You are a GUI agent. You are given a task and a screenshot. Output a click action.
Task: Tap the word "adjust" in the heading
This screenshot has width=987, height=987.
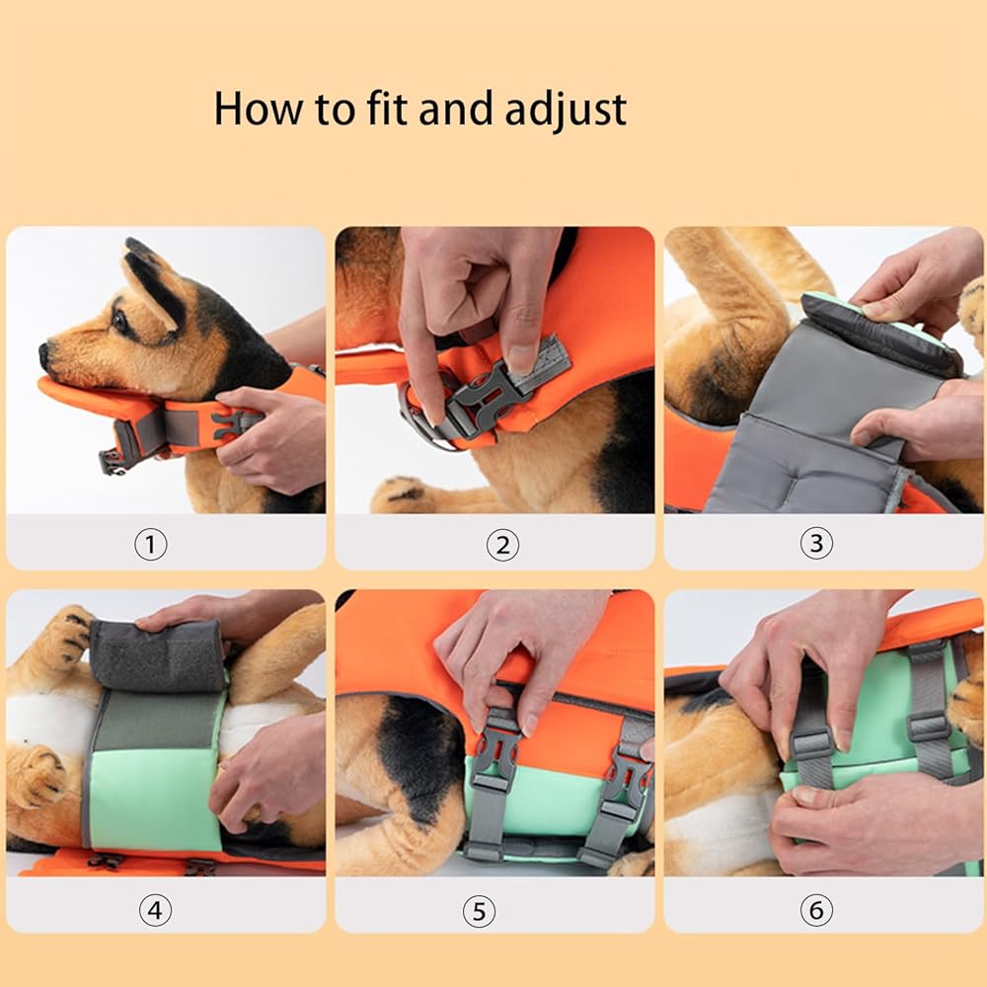[566, 111]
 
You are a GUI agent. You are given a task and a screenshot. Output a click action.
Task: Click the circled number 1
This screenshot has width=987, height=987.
[151, 545]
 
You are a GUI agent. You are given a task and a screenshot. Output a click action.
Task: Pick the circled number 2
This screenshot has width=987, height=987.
[502, 545]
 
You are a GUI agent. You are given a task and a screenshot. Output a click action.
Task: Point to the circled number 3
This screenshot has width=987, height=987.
[816, 543]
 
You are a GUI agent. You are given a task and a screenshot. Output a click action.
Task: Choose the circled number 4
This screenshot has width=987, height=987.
[155, 910]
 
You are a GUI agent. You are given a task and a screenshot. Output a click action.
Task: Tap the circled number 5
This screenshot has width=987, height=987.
[479, 911]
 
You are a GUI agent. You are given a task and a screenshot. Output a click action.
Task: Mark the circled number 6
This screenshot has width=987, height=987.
[816, 910]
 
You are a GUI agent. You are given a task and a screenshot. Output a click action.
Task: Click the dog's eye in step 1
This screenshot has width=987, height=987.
[117, 321]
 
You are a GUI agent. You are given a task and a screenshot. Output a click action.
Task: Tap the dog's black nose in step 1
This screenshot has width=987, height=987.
[44, 355]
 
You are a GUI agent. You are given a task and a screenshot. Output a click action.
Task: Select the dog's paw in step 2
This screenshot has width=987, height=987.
[403, 494]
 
